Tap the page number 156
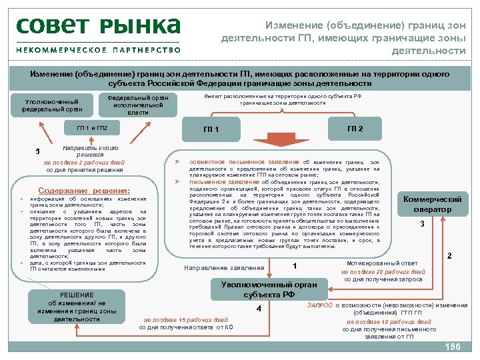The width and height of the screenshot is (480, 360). (x=453, y=347)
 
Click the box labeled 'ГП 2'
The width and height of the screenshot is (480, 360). (x=355, y=128)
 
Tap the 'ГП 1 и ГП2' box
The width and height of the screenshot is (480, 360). (x=87, y=128)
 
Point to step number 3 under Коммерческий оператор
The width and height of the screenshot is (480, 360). (x=422, y=225)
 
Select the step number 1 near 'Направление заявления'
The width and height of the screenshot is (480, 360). (x=294, y=266)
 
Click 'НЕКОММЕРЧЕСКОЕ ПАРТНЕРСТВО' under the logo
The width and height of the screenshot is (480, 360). (x=99, y=50)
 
